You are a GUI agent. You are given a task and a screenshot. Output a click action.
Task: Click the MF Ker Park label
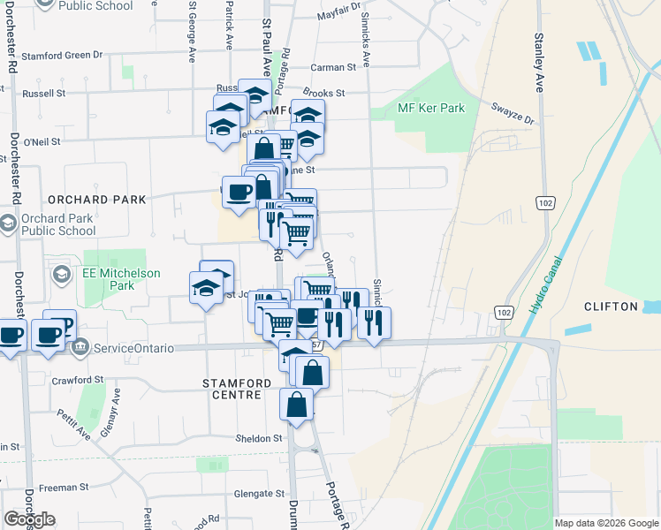point(431,108)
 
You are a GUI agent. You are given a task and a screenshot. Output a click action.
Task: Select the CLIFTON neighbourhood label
point(611,307)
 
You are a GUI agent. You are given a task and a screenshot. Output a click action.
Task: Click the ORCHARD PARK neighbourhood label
point(97,200)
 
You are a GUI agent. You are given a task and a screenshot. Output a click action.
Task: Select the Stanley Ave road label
point(538,63)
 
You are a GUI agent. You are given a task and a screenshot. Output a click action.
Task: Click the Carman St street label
point(333,66)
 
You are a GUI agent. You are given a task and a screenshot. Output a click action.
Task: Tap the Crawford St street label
point(72,380)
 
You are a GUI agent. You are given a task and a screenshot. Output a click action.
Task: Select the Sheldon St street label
point(258,438)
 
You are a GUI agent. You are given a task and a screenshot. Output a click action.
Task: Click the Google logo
point(29,519)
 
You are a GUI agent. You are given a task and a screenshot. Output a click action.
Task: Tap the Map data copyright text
point(605,523)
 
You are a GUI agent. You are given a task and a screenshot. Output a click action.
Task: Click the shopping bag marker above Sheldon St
point(297,406)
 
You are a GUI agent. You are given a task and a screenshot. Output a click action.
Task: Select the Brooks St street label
point(323,92)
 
